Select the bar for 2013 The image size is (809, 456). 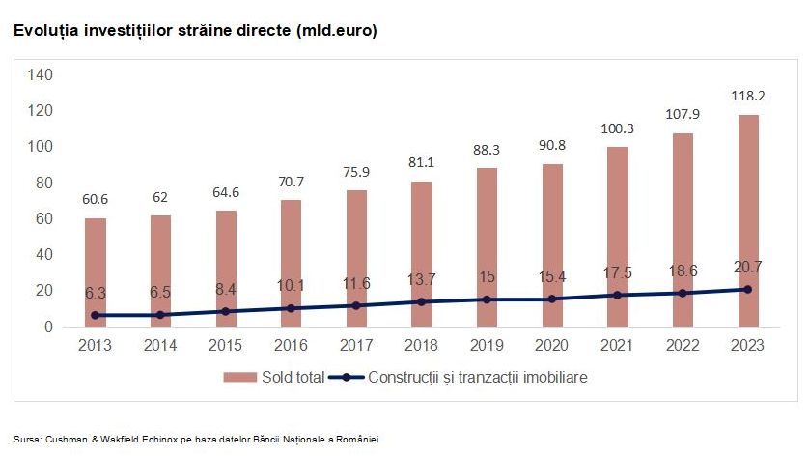[x=95, y=271]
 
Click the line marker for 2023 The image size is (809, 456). [x=747, y=290]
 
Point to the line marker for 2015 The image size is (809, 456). [x=225, y=311]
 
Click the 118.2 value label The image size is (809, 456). [x=747, y=96]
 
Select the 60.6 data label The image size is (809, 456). [x=95, y=199]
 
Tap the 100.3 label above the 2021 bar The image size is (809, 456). [x=617, y=128]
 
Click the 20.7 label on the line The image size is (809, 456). [x=747, y=269]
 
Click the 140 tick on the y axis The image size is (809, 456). [x=41, y=74]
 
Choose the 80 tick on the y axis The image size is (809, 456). [x=44, y=183]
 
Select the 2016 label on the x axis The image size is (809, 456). [x=291, y=345]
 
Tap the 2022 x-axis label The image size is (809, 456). [x=682, y=345]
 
